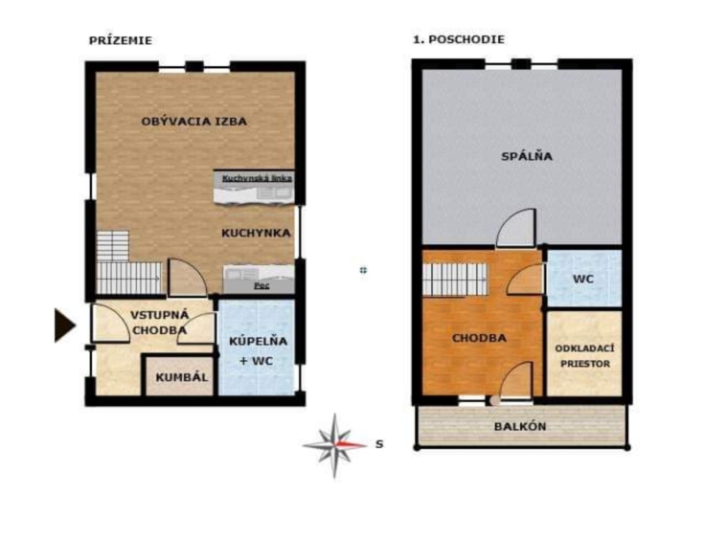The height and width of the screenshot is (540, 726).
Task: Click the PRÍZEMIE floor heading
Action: tap(121, 41)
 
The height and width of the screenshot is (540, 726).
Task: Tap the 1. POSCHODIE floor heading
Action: tap(459, 40)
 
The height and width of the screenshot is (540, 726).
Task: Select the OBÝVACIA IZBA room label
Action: tap(194, 122)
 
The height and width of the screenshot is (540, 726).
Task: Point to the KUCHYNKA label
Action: tap(256, 234)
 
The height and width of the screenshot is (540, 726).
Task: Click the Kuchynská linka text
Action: tap(257, 178)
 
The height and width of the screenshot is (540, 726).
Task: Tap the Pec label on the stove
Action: tap(261, 286)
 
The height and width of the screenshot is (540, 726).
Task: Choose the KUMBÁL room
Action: tap(180, 375)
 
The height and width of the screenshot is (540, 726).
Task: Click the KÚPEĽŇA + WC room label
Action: tap(259, 350)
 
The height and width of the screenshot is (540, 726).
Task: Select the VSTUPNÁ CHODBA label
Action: tap(160, 323)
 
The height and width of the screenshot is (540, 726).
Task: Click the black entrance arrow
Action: tap(65, 326)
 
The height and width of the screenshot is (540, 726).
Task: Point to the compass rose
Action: tap(335, 445)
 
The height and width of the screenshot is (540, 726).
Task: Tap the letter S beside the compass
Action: tap(379, 444)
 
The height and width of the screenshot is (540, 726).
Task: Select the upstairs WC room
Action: tap(584, 279)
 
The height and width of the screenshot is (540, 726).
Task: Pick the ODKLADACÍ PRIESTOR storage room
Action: tap(584, 354)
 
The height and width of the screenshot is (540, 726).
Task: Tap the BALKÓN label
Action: tap(520, 427)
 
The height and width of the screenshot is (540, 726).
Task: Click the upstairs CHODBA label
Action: tap(479, 338)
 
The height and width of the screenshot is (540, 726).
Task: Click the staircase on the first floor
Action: tap(455, 280)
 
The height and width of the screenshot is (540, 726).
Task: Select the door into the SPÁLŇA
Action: tap(516, 228)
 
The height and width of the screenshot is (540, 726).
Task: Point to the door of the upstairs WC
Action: tap(526, 279)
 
